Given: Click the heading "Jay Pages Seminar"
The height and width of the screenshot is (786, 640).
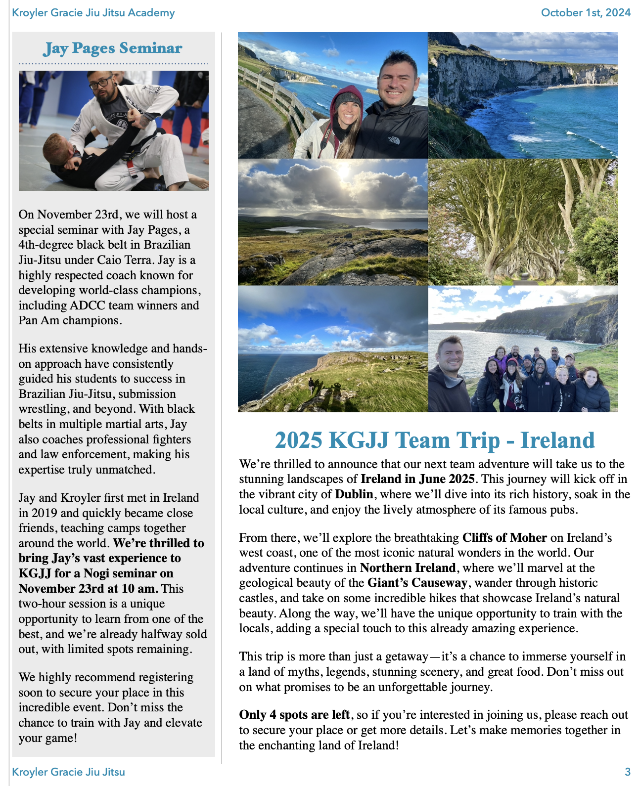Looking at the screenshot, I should point(113,48).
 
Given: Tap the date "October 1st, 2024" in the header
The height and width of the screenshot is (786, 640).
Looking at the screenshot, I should point(586,12).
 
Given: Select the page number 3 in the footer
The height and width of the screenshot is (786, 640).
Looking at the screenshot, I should point(628,772).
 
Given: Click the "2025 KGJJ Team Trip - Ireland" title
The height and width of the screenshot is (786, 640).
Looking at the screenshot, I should point(434,440).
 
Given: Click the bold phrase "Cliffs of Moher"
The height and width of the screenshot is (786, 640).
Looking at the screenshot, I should point(504,537).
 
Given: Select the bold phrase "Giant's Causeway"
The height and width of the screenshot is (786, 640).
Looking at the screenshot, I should point(417,583).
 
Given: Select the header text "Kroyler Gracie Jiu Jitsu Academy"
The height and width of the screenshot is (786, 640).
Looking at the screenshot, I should point(93,12).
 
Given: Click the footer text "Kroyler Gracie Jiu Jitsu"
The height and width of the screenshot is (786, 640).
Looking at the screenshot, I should point(69,772).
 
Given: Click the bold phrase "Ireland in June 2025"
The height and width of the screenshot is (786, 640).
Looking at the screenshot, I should point(417,479).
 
